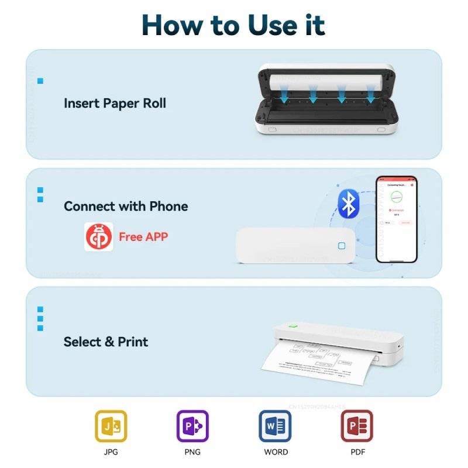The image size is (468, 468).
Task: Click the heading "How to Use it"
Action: (233, 24)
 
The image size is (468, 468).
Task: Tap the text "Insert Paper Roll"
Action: (115, 104)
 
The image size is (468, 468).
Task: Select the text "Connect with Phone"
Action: (126, 206)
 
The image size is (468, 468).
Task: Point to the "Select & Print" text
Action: (106, 342)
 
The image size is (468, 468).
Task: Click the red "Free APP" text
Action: (143, 237)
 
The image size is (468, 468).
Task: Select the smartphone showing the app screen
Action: (396, 219)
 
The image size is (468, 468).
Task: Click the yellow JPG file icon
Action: (111, 425)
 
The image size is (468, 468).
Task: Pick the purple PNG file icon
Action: (192, 425)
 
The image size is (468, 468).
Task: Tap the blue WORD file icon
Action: (275, 425)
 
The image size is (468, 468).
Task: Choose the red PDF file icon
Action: (356, 425)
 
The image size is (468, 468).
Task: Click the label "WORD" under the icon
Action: (275, 452)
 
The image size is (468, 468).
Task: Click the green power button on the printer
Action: (294, 326)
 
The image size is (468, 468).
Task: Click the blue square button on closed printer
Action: (341, 246)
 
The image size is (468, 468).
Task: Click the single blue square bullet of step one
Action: (40, 81)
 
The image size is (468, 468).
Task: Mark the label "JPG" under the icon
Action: (111, 452)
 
